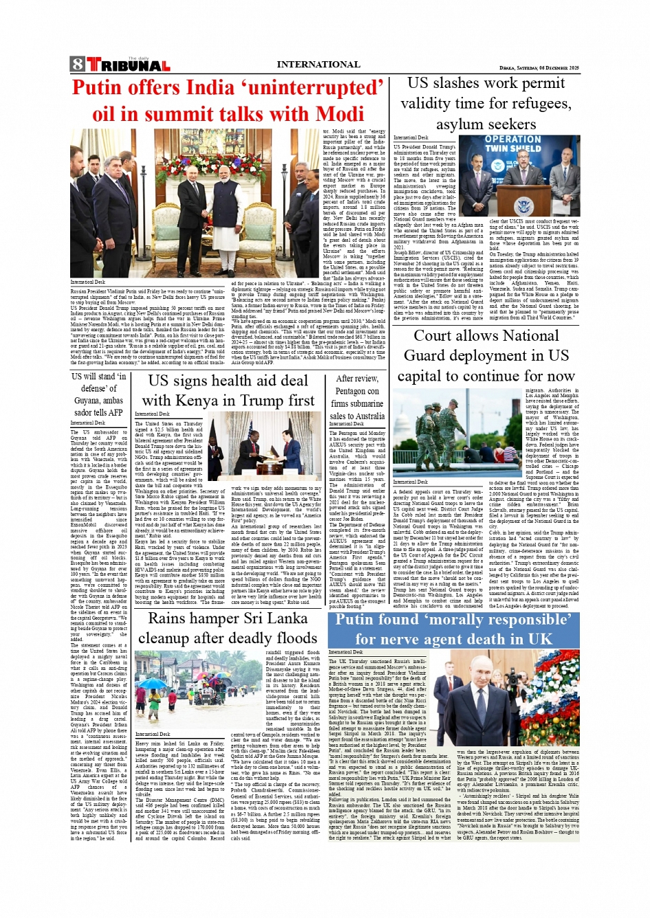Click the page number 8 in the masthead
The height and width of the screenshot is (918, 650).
77,65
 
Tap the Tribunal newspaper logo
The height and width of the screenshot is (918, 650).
129,65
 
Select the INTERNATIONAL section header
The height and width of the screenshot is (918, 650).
318,65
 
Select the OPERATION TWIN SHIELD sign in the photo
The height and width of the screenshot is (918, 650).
512,144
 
